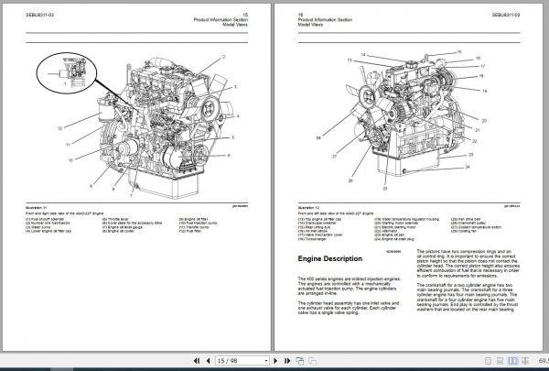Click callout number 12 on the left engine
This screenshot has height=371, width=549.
coord(59,128)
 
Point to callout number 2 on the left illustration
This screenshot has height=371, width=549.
coord(223,57)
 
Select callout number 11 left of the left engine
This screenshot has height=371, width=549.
coord(67,145)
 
